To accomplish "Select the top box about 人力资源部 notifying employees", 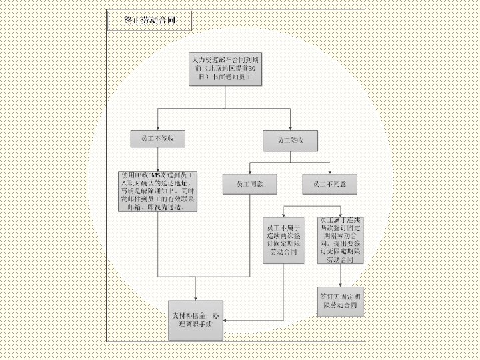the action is click(225, 69).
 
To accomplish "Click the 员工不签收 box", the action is click(157, 139).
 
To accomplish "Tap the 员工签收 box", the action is click(291, 141).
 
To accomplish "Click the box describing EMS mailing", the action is click(157, 192).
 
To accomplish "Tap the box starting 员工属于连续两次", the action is click(340, 239).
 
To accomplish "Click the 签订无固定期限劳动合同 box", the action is click(340, 303).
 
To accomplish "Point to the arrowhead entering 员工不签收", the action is click(157, 129).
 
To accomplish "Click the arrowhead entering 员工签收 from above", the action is click(291, 129).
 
